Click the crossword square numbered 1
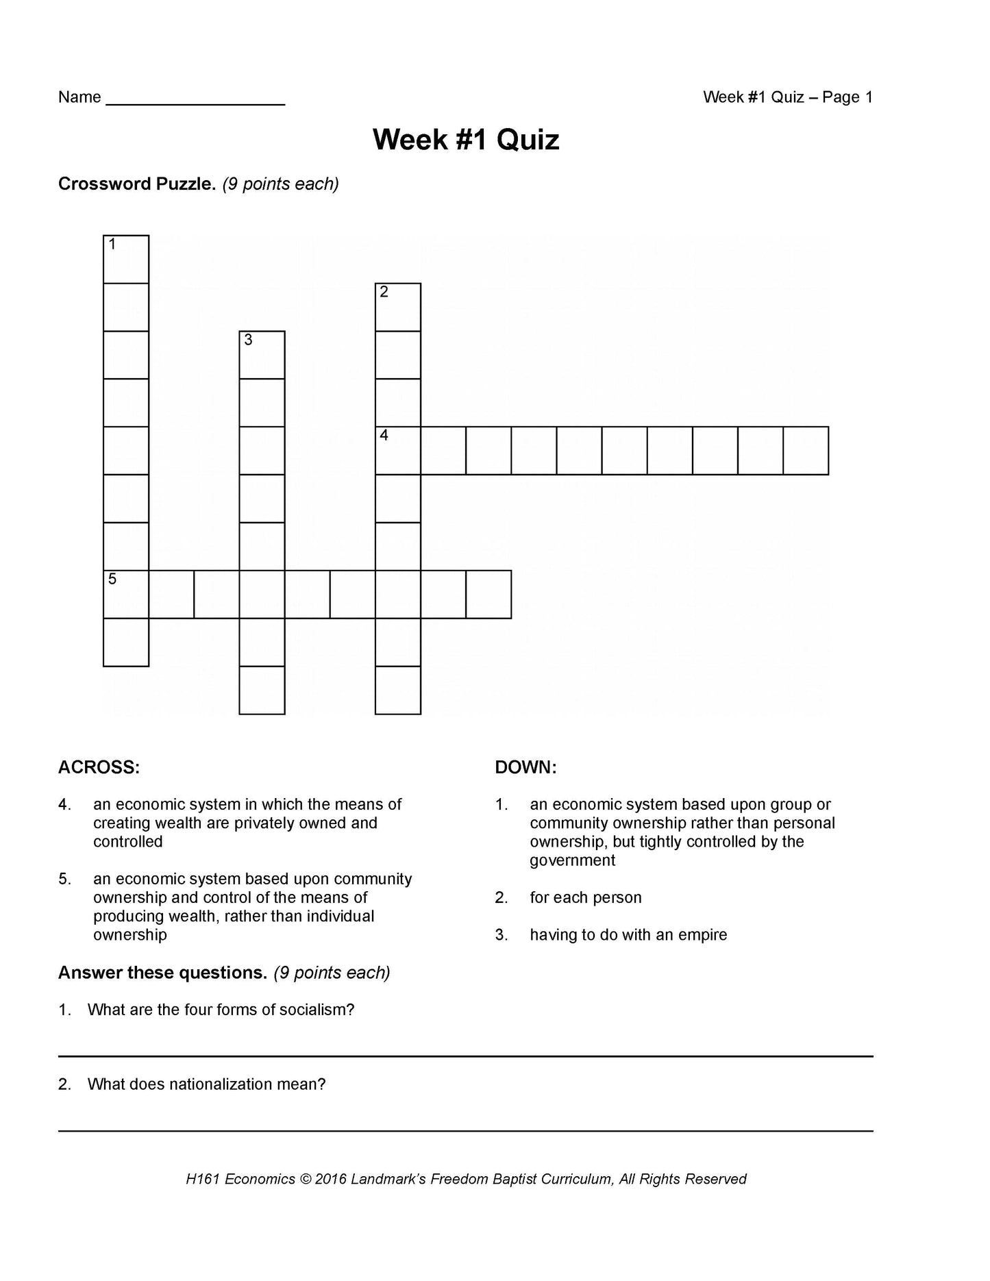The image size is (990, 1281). [126, 259]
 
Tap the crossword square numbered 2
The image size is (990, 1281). [398, 307]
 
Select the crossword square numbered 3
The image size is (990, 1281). [262, 355]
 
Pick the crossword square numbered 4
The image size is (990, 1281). [398, 451]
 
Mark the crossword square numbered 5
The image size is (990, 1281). [126, 595]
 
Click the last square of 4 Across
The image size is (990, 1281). [806, 451]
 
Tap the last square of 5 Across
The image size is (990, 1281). [488, 595]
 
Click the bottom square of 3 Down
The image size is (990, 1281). [262, 691]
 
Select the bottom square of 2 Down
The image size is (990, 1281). [398, 691]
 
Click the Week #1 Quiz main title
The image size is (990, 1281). [466, 140]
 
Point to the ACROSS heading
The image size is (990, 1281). [99, 767]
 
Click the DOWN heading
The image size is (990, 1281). [525, 767]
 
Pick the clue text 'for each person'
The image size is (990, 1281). [586, 897]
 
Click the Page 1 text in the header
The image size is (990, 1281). [847, 97]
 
